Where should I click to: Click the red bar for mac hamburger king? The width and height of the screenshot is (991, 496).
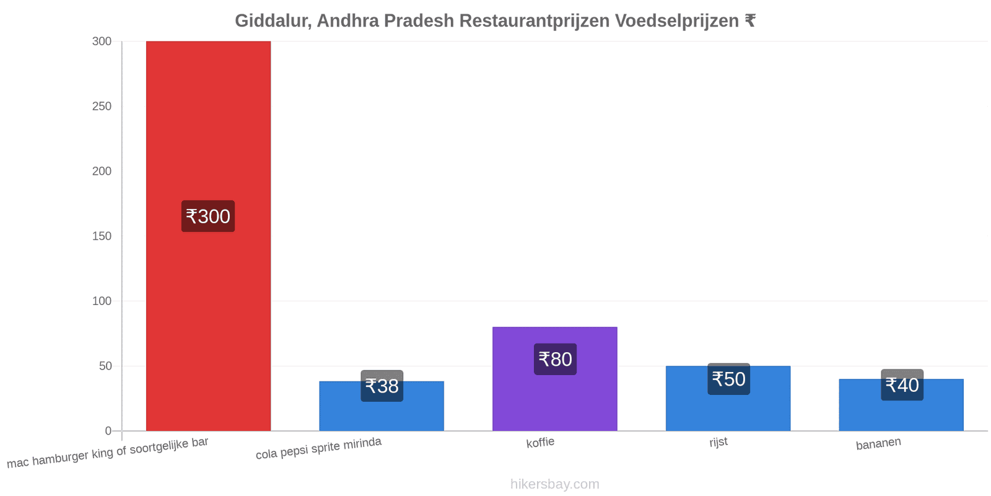(208, 236)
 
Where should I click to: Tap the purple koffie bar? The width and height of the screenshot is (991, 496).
(555, 379)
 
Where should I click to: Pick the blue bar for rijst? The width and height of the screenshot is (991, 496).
(728, 398)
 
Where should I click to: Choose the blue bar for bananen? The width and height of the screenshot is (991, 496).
(901, 405)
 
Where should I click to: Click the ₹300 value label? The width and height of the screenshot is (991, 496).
(208, 216)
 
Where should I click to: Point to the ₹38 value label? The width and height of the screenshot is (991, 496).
(382, 386)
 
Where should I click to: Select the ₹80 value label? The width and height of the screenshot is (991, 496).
(555, 359)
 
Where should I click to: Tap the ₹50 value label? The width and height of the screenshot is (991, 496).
(728, 379)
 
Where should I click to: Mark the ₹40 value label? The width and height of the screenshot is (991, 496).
(902, 385)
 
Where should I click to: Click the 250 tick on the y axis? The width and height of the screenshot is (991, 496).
(102, 106)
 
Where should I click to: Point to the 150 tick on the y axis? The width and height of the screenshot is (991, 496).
(102, 236)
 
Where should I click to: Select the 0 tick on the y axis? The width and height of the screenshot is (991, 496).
(108, 431)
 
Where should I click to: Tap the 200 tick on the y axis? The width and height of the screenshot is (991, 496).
(102, 171)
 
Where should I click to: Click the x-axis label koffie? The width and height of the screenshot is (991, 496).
(540, 443)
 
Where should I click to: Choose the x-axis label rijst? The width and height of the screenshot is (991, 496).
(718, 442)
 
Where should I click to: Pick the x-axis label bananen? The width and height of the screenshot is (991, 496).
(878, 443)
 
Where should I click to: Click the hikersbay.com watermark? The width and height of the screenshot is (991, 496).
(555, 484)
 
